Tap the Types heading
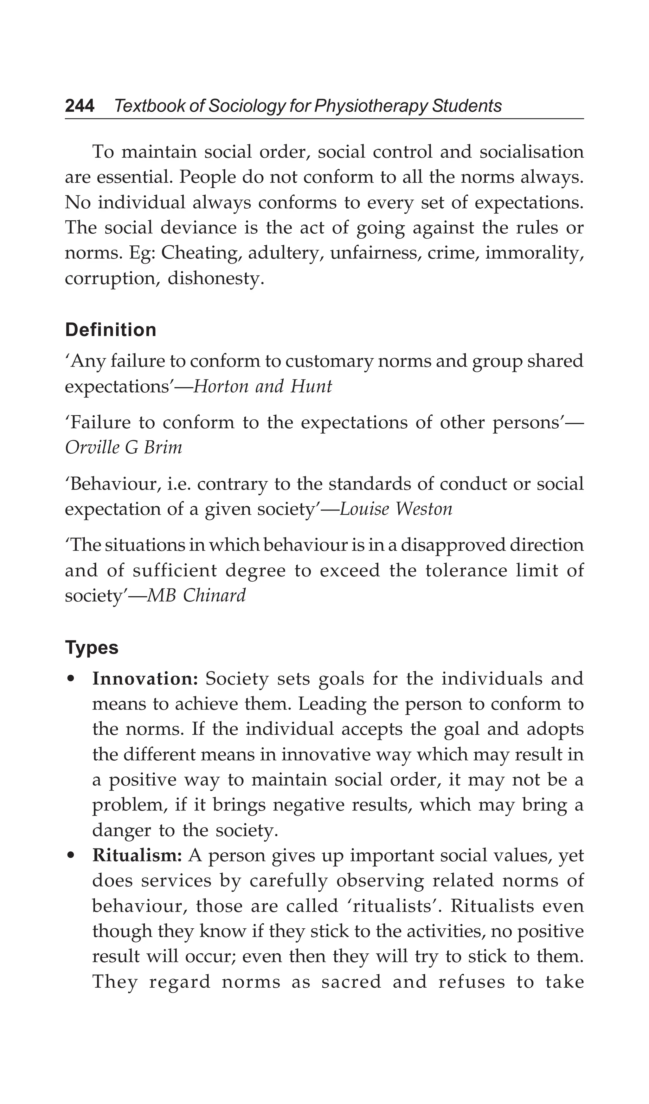pyautogui.click(x=92, y=647)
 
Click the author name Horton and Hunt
pyautogui.click(x=263, y=386)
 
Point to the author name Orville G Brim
pyautogui.click(x=124, y=447)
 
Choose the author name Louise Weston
pyautogui.click(x=396, y=509)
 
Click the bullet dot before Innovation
pyautogui.click(x=70, y=679)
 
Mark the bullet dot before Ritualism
pyautogui.click(x=70, y=856)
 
